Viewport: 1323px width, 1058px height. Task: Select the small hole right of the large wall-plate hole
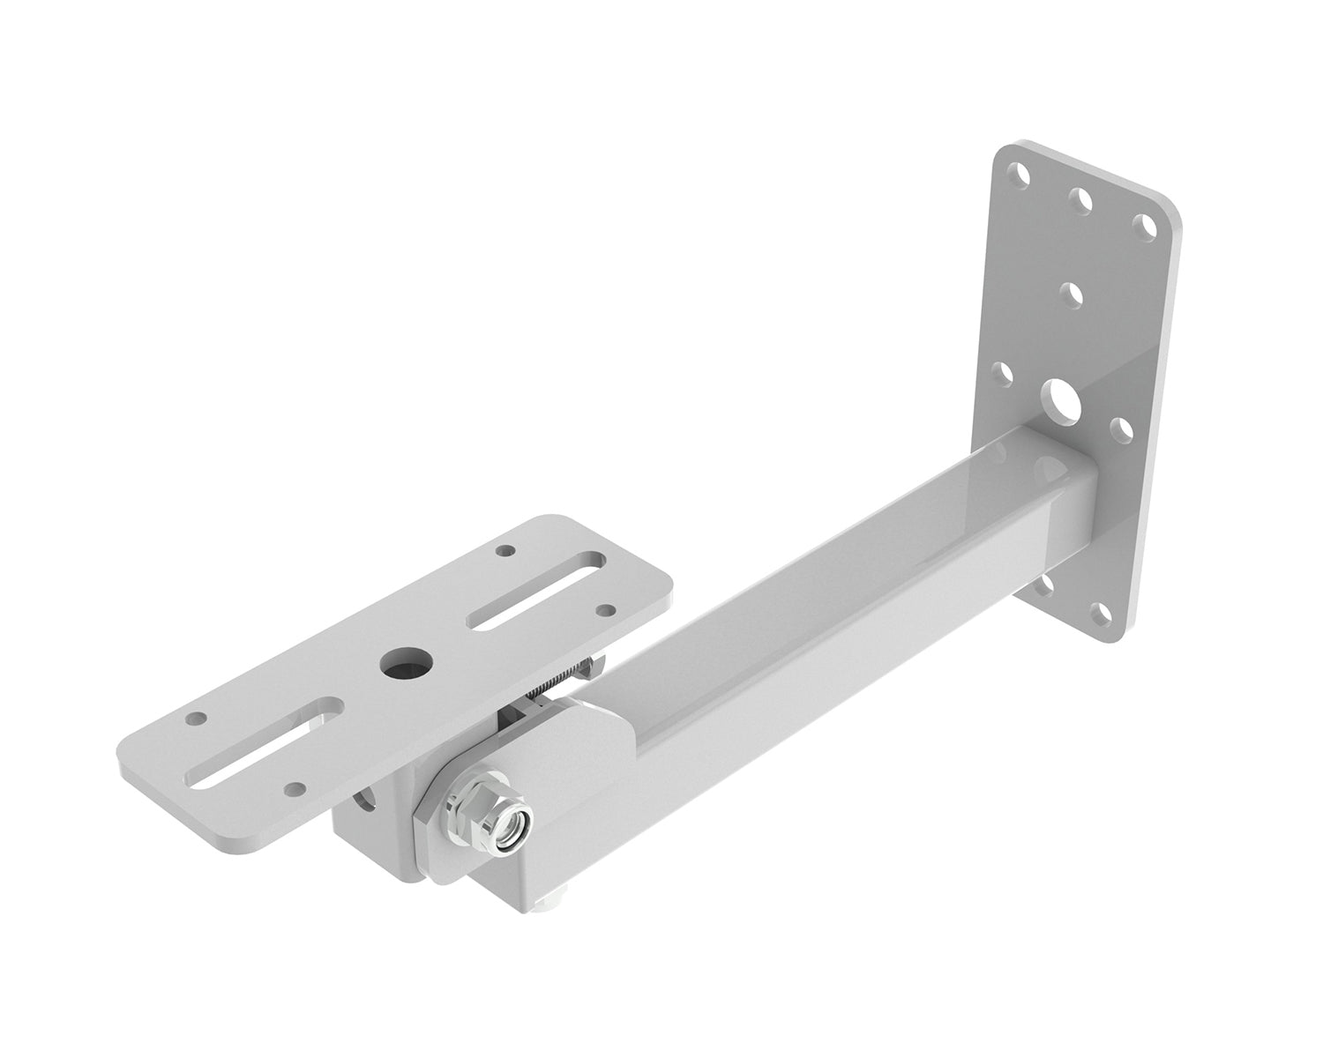coord(1121,429)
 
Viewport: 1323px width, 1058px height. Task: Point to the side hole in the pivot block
coord(363,801)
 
